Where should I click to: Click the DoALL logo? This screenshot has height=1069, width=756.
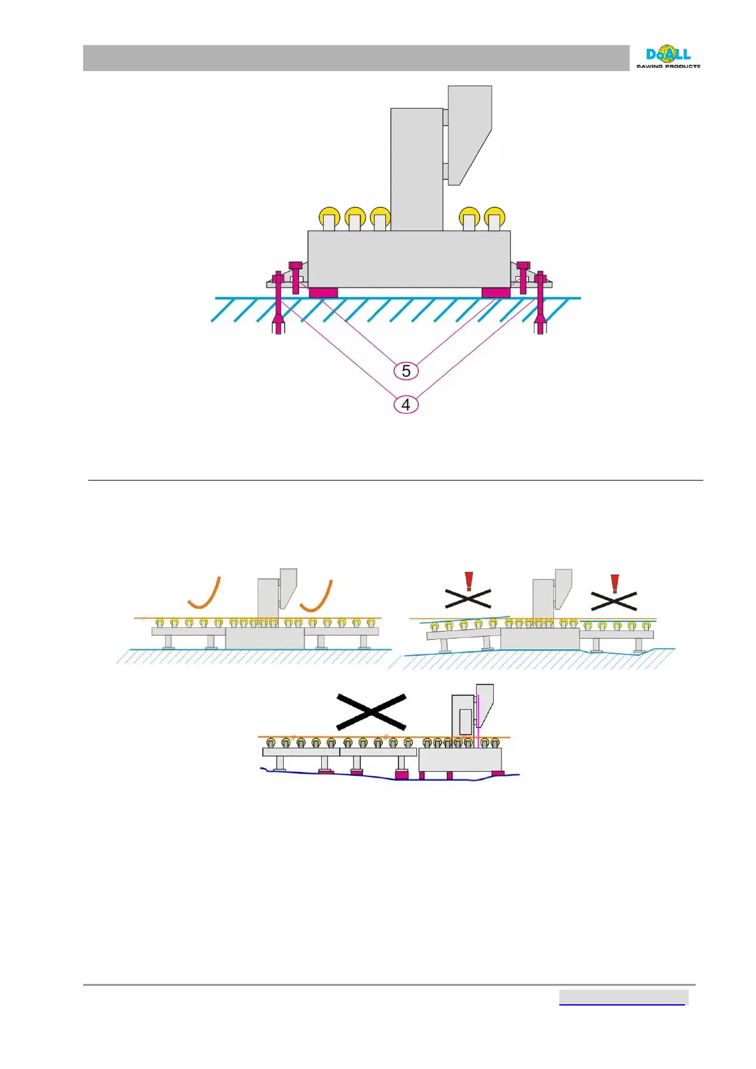(x=668, y=57)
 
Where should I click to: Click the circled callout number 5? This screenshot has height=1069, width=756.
(x=406, y=371)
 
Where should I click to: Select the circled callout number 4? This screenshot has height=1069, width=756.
(x=406, y=404)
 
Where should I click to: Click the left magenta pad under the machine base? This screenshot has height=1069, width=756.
(x=323, y=293)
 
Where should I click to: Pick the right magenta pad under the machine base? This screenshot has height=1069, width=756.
(x=496, y=293)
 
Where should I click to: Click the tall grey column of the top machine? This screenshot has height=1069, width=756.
(x=416, y=168)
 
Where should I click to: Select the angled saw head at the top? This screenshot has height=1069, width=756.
(x=470, y=133)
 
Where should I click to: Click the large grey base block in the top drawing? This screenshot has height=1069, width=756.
(x=409, y=259)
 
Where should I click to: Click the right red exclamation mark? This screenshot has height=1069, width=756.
(x=614, y=583)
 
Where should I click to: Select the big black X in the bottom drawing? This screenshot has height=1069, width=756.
(x=371, y=712)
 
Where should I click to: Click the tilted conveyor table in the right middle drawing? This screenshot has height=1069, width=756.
(x=463, y=633)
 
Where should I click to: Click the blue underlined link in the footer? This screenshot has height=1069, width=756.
(x=622, y=998)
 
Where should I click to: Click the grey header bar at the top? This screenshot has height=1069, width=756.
(x=355, y=58)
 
